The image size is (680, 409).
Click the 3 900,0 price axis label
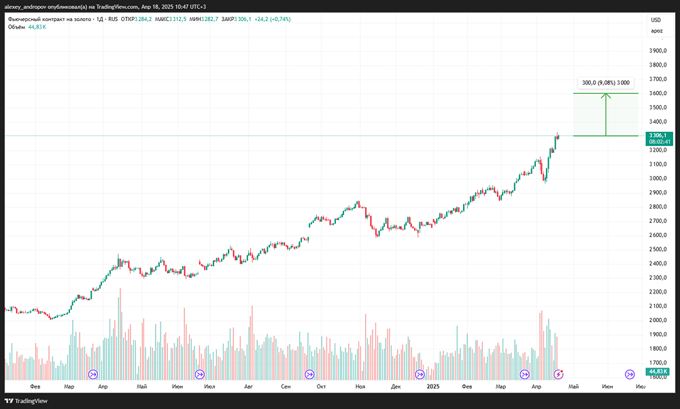(657, 51)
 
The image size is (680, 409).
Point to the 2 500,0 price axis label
(657, 249)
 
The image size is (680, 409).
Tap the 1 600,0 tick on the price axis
(657, 377)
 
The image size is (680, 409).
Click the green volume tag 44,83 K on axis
(658, 372)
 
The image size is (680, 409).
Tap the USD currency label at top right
(656, 20)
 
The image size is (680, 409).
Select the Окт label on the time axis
(320, 386)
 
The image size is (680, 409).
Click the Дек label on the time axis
(396, 386)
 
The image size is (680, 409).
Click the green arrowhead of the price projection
(606, 95)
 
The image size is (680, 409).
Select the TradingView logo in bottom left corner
(28, 401)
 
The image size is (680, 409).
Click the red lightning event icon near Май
(559, 374)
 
